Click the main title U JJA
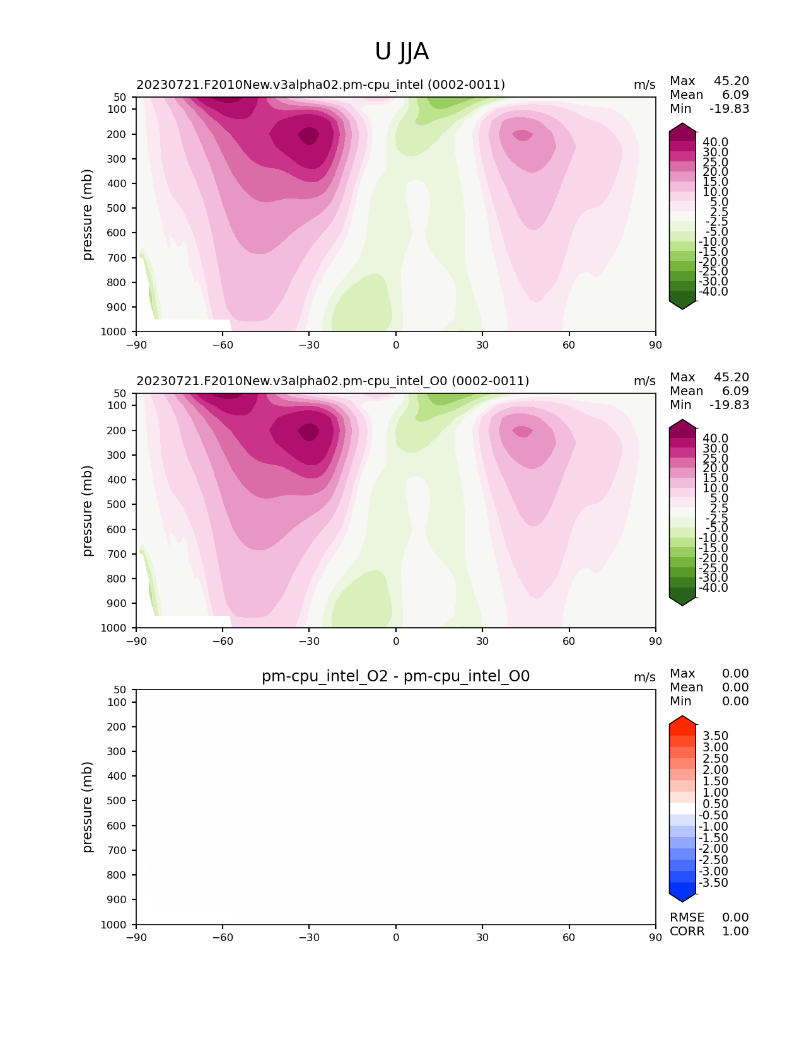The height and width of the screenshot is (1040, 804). tap(402, 52)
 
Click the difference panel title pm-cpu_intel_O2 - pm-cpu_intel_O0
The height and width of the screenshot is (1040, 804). tap(395, 676)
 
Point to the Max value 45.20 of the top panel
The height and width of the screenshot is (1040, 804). tap(731, 81)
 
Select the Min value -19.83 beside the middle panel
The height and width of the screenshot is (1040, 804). tap(729, 405)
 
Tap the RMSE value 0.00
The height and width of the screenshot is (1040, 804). tap(735, 918)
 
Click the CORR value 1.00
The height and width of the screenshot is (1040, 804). tap(735, 932)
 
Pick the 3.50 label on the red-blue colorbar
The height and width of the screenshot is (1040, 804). tap(715, 736)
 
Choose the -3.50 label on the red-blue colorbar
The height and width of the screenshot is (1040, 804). tap(713, 883)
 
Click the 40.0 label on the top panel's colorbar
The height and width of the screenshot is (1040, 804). tap(715, 142)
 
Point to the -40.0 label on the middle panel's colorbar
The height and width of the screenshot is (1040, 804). tap(713, 588)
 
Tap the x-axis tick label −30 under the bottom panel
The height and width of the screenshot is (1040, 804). tap(309, 937)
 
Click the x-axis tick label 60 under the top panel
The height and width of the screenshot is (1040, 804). tap(569, 345)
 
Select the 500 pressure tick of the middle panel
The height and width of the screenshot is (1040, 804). tap(119, 504)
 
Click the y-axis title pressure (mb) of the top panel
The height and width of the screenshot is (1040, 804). tap(88, 214)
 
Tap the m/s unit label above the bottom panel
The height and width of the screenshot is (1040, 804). tap(644, 678)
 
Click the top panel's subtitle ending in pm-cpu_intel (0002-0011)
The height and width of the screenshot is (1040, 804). tap(320, 85)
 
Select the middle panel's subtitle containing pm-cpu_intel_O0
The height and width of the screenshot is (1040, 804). tap(332, 381)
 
